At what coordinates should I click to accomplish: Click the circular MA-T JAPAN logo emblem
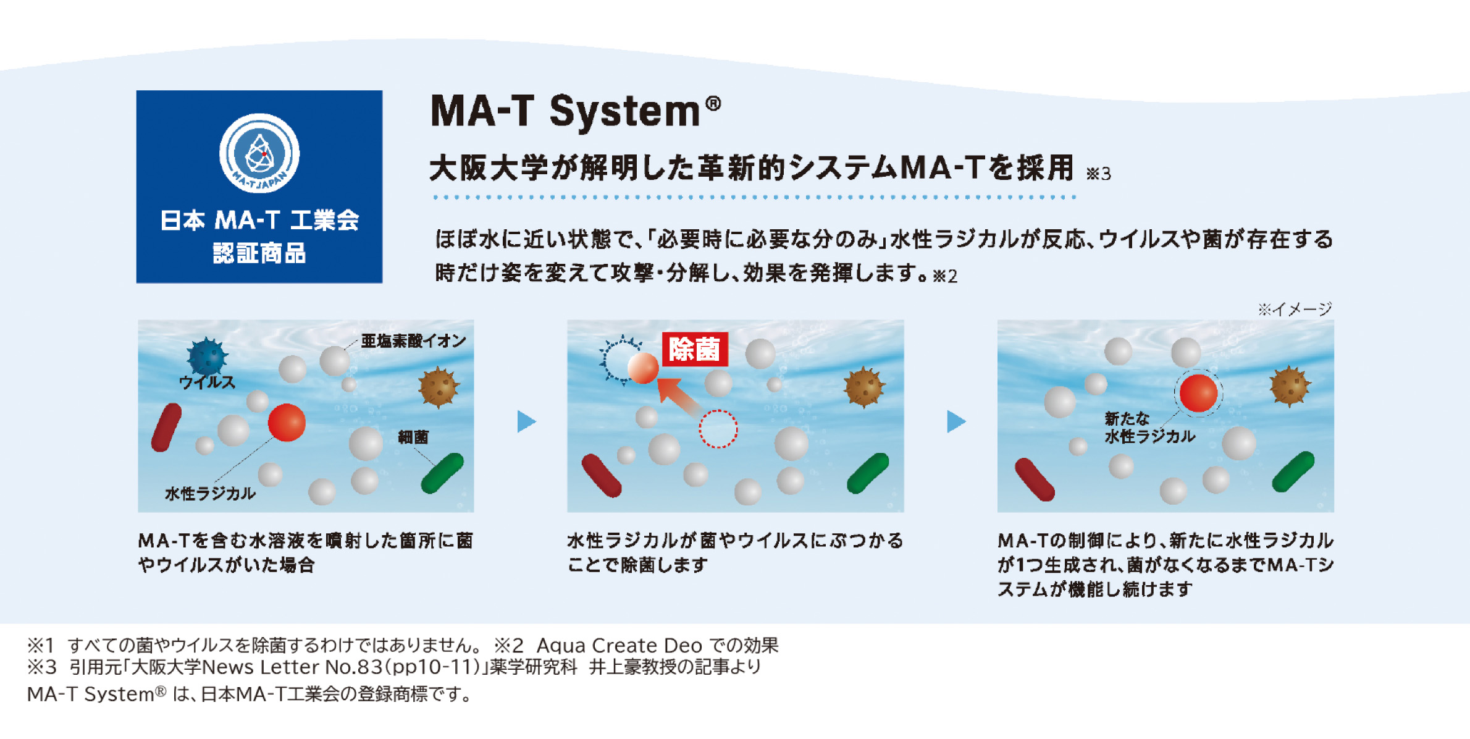[259, 153]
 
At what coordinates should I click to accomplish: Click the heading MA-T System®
[576, 112]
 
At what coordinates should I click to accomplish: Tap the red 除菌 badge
[695, 349]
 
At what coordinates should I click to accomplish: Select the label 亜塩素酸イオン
[413, 340]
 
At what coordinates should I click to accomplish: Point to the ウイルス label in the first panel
[207, 382]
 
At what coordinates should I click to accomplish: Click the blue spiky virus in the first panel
[207, 357]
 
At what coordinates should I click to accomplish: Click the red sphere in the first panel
[287, 423]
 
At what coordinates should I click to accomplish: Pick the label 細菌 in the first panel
[413, 437]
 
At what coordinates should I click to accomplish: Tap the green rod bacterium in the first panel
[442, 473]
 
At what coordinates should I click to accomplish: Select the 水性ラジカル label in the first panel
[210, 494]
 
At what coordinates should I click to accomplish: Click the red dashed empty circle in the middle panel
[718, 429]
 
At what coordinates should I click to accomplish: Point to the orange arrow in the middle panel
[680, 397]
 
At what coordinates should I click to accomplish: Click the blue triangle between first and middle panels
[526, 421]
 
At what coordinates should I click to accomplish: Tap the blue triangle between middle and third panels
[956, 421]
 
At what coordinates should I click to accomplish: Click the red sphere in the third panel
[1198, 393]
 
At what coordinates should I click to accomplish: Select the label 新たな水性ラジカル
[1149, 428]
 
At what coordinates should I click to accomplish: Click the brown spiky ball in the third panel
[1290, 386]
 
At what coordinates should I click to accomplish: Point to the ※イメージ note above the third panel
[1295, 309]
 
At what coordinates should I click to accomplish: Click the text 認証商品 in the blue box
[259, 253]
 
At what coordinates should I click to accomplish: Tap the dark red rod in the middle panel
[602, 475]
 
